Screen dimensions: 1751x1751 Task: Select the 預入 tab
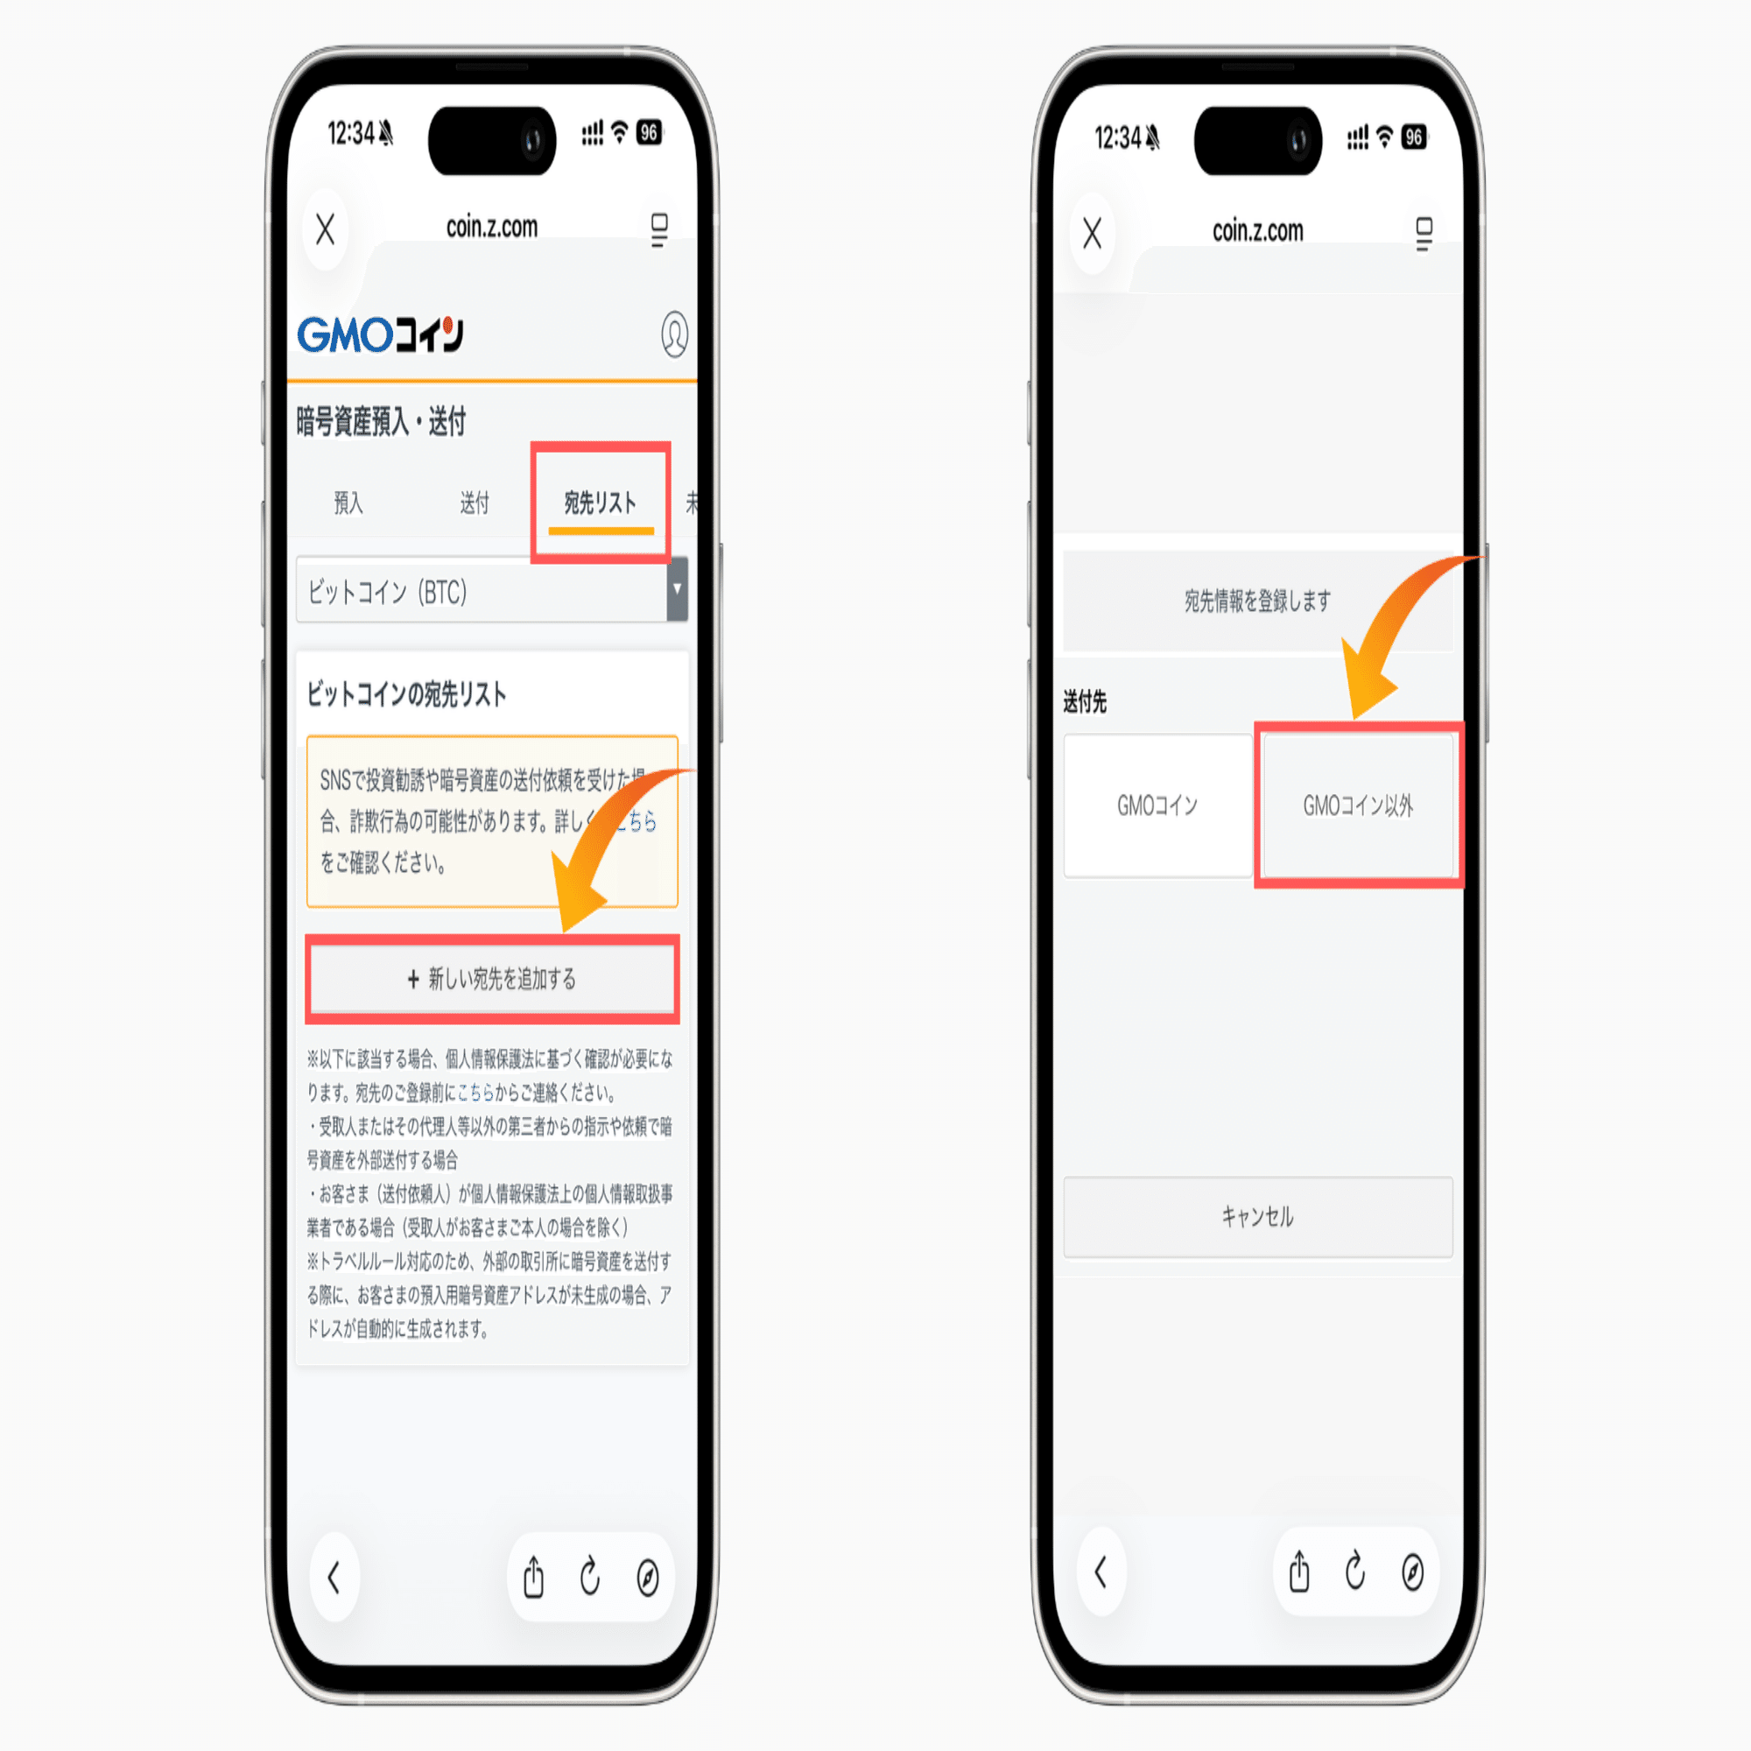[x=348, y=503]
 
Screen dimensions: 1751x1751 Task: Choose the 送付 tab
[x=474, y=503]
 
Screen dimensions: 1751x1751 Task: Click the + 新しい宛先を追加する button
[x=492, y=979]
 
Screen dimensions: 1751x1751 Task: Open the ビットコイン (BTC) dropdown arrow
[x=677, y=589]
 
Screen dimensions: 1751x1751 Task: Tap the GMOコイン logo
[x=381, y=334]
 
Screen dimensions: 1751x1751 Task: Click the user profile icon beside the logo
[x=674, y=334]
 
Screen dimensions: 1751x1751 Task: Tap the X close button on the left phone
[x=326, y=229]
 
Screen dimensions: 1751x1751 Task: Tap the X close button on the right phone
[x=1092, y=233]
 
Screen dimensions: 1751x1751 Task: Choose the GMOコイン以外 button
[x=1358, y=805]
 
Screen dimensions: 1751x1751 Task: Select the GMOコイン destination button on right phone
[x=1157, y=805]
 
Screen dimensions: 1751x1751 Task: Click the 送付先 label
[x=1085, y=701]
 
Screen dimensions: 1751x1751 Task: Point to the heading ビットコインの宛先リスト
[x=406, y=695]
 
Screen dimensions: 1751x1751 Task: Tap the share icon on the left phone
[x=534, y=1577]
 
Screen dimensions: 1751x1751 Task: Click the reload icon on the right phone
[x=1356, y=1572]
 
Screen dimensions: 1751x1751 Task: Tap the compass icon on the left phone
[x=648, y=1577]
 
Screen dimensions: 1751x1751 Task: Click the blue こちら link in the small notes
[x=475, y=1093]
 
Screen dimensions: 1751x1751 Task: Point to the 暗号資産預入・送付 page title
[x=381, y=421]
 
